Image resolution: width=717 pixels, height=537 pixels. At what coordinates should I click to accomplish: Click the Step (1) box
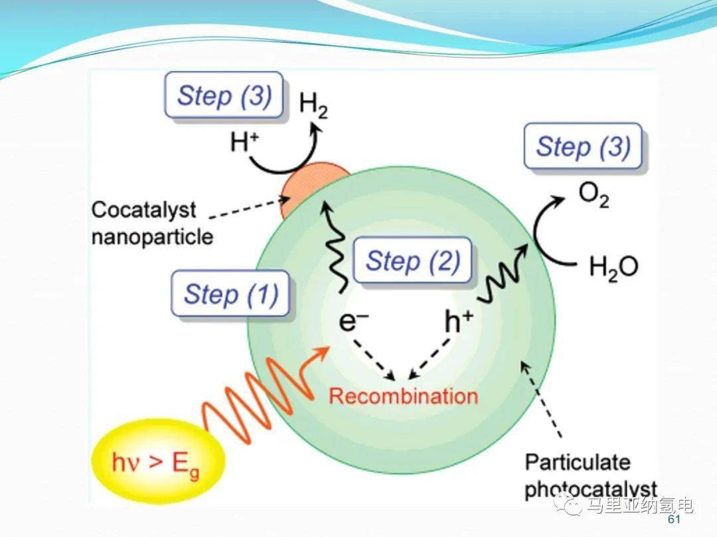tap(230, 293)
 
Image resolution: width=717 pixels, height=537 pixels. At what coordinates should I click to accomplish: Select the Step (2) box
tap(412, 261)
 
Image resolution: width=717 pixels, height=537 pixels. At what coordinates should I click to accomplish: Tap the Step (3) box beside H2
tap(224, 96)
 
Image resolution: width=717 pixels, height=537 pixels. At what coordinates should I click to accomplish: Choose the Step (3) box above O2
tap(583, 146)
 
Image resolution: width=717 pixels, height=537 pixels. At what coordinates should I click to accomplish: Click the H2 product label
tap(313, 106)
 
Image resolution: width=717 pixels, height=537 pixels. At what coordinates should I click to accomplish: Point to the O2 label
tap(594, 196)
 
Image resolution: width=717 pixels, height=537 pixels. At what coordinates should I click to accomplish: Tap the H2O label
tap(613, 267)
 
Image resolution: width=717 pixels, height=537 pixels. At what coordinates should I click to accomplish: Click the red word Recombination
tap(403, 396)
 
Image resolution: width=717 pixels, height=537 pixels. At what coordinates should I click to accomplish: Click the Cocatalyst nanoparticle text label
tap(152, 223)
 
